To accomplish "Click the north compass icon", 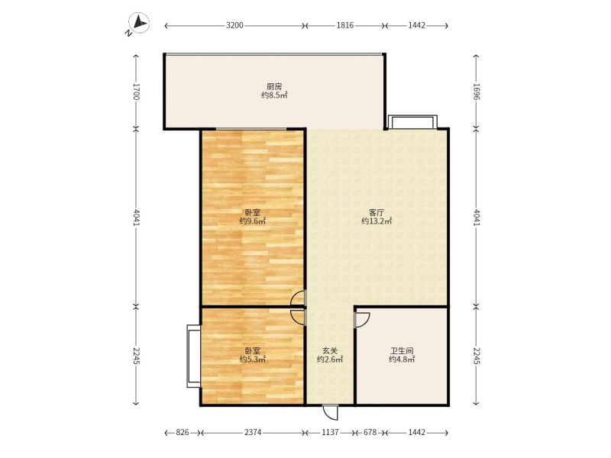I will [x=137, y=25].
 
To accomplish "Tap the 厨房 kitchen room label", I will [x=274, y=86].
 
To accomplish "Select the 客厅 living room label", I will [x=376, y=212].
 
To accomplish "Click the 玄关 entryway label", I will [x=329, y=350].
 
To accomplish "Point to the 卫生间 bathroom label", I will [x=401, y=350].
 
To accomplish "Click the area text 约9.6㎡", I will [x=252, y=221].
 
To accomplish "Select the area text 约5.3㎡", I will [x=252, y=360].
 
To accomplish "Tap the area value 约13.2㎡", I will [x=377, y=221].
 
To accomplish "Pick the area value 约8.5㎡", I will [x=274, y=95].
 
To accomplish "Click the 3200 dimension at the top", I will [x=234, y=26].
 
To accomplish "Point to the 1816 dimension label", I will [x=345, y=26].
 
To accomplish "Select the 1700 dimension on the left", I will [x=137, y=92].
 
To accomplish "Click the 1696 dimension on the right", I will [x=476, y=92].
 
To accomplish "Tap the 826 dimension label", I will [x=182, y=433].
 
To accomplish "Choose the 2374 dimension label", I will [x=253, y=433].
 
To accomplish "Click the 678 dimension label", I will [x=370, y=433].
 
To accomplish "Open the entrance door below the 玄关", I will [x=331, y=412].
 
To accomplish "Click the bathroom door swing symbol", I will [x=362, y=319].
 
